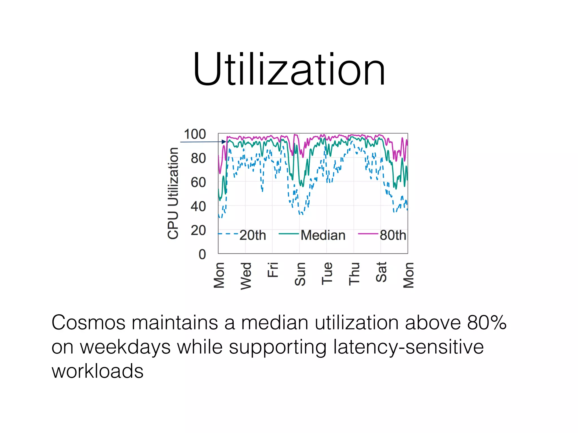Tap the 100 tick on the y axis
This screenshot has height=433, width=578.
coord(195,134)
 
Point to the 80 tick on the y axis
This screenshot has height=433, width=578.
coord(198,158)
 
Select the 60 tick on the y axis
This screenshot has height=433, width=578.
coord(198,182)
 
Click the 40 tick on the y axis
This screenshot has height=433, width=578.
coord(198,206)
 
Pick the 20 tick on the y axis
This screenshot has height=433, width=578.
coord(198,230)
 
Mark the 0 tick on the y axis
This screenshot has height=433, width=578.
coord(202,254)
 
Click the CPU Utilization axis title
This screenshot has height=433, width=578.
coord(173,193)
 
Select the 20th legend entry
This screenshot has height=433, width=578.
coord(253,235)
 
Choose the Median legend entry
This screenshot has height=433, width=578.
coord(323,235)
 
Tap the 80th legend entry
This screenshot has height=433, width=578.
coord(393,235)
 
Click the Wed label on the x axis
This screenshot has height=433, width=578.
coord(246,276)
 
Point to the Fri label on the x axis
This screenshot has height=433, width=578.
coord(273,270)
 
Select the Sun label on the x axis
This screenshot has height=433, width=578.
coord(300,274)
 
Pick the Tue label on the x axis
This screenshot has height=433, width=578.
coord(327,273)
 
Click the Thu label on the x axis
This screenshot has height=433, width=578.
coord(354,274)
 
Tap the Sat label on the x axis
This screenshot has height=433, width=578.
coord(381,272)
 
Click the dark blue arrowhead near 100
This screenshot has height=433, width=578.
coord(224,142)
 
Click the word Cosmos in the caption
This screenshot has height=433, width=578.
coord(88,322)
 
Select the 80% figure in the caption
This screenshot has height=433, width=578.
coord(487,322)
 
